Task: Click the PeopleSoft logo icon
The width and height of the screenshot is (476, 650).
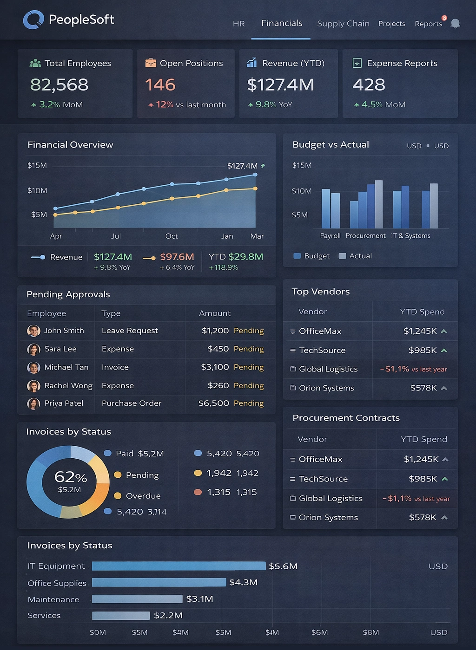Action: click(x=33, y=19)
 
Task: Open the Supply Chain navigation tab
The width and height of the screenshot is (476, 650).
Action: click(x=343, y=24)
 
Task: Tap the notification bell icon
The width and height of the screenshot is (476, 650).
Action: click(x=455, y=23)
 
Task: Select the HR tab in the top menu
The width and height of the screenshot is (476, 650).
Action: click(x=238, y=24)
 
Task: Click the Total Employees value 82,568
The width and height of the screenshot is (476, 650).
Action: click(x=59, y=84)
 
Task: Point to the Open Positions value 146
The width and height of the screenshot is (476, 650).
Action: click(x=160, y=84)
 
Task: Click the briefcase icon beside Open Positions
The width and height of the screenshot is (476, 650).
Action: click(x=151, y=63)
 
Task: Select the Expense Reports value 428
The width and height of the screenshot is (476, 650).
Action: click(x=369, y=84)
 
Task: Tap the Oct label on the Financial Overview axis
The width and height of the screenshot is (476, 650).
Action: click(x=172, y=236)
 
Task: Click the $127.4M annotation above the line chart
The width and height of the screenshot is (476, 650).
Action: click(x=242, y=166)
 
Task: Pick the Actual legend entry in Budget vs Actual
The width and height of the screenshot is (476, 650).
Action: click(x=356, y=256)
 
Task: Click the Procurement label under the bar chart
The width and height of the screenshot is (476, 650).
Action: click(x=365, y=236)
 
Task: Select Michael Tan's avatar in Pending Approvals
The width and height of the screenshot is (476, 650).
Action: click(x=33, y=367)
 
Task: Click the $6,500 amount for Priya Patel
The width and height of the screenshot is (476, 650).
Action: click(x=213, y=403)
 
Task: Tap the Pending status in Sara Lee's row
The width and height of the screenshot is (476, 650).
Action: click(x=249, y=349)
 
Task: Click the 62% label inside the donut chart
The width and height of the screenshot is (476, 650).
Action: click(x=70, y=477)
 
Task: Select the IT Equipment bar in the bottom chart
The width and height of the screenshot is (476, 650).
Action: click(x=178, y=566)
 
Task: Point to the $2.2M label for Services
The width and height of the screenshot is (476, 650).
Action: click(x=168, y=615)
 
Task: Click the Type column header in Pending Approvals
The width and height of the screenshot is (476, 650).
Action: click(x=111, y=313)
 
